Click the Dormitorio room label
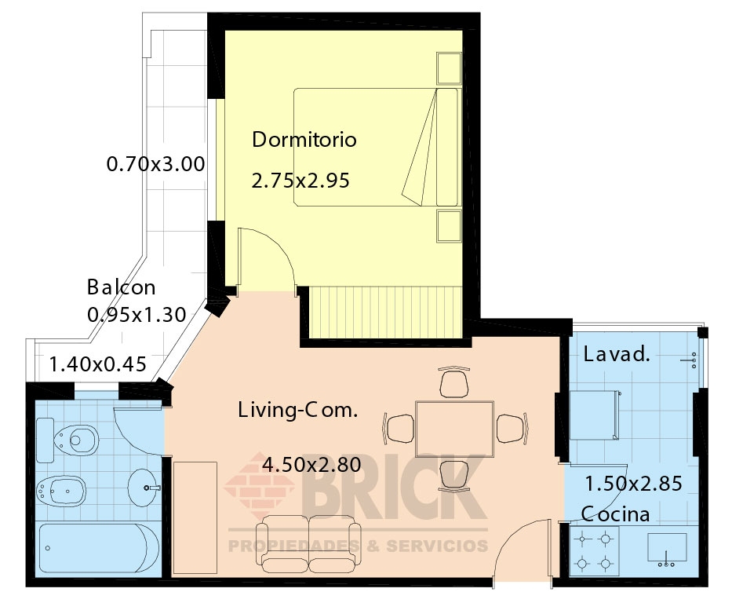tap(304, 140)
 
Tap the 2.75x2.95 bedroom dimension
tap(300, 181)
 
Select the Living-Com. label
tap(297, 410)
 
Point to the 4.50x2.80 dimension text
tap(311, 464)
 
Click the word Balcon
tap(121, 287)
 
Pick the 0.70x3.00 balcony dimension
tap(155, 164)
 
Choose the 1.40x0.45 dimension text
tap(97, 364)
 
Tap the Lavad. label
tap(617, 354)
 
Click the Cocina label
tap(615, 513)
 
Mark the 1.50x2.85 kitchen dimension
tap(633, 484)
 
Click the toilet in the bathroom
tap(67, 440)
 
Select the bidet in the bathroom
tap(60, 491)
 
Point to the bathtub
tap(99, 548)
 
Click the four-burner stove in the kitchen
tap(594, 551)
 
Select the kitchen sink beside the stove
tap(667, 548)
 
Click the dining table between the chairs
tap(454, 429)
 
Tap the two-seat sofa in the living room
tap(308, 545)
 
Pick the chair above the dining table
tap(453, 382)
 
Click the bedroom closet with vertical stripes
tap(385, 312)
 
